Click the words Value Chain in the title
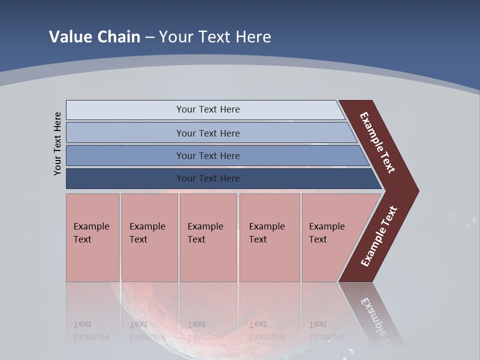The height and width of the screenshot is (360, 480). (x=94, y=37)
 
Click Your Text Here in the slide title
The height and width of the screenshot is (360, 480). (x=215, y=37)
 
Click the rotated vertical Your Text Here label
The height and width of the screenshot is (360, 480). (x=58, y=143)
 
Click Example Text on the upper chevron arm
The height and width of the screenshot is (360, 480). (x=377, y=142)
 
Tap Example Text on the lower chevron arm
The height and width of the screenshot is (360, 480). (x=378, y=236)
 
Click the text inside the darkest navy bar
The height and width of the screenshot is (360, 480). (x=208, y=178)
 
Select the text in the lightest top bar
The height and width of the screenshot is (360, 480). (x=208, y=109)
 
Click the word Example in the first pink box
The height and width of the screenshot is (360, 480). (x=91, y=226)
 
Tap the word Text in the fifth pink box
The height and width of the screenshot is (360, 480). (x=317, y=239)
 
